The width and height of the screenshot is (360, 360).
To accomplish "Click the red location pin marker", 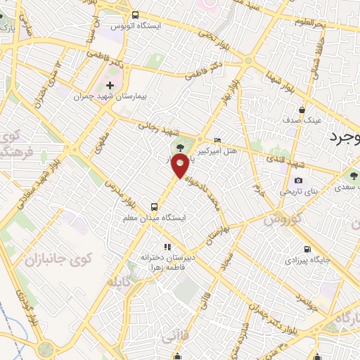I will pyautogui.click(x=181, y=167).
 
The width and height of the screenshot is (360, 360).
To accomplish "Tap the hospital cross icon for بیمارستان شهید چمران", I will pyautogui.click(x=109, y=85).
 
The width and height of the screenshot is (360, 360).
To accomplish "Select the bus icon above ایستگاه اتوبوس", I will pyautogui.click(x=136, y=15).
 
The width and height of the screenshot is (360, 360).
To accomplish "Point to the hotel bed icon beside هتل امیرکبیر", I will pyautogui.click(x=217, y=141).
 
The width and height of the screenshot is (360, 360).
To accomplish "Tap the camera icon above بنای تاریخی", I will pyautogui.click(x=298, y=180).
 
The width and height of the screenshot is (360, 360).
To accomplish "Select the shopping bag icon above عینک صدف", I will pyautogui.click(x=302, y=109).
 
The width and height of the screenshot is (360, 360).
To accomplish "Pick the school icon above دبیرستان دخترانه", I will pyautogui.click(x=167, y=247).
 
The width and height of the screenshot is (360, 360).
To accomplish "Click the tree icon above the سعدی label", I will pyautogui.click(x=353, y=174).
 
